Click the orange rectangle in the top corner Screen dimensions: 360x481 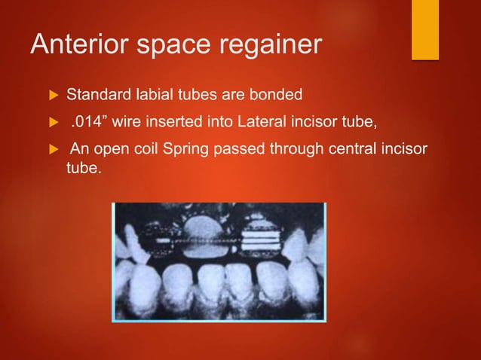coord(424,29)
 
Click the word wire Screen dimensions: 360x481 coord(127,121)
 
